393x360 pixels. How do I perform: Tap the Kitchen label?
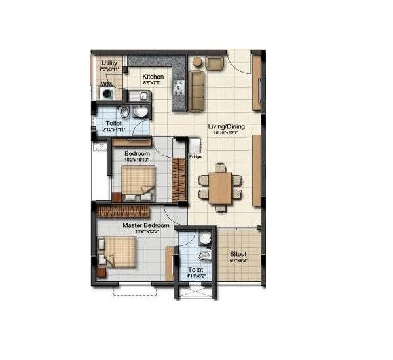pos(153,77)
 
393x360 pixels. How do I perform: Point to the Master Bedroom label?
pos(146,225)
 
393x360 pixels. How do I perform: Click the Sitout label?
pos(238,254)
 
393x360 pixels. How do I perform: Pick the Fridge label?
pos(195,157)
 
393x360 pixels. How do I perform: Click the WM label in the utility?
pos(105,84)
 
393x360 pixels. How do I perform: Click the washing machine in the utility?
pos(107,94)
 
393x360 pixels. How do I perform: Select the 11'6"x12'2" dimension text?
pos(146,232)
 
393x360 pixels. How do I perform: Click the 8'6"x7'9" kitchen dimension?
pos(154,84)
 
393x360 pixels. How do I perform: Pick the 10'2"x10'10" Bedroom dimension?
pos(138,159)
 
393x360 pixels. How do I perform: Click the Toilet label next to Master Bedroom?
pos(195,269)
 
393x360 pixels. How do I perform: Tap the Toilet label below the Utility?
pos(113,122)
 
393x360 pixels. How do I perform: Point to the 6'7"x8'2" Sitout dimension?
pos(238,261)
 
